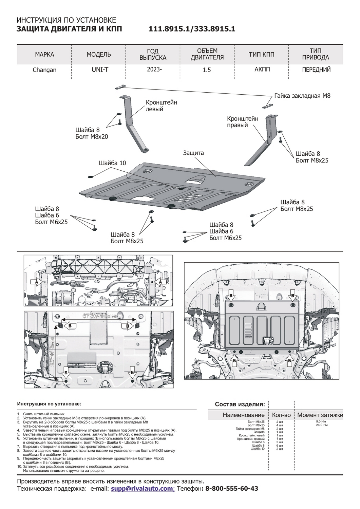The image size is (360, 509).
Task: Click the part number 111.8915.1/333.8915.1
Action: coord(192,29)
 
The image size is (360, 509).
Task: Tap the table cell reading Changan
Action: coord(44,70)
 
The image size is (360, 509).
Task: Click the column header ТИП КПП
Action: coord(261,54)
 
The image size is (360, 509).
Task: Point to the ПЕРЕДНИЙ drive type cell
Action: coord(316,70)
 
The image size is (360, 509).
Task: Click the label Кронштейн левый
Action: coord(161,106)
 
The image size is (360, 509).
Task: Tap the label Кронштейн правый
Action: coord(242,122)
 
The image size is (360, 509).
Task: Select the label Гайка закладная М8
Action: coord(302,96)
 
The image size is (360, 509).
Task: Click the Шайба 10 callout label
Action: coord(112,163)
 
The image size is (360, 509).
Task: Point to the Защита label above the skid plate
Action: coord(193,153)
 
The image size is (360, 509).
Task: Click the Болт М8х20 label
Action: coord(92,136)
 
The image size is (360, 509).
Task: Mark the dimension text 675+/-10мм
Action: coord(99,316)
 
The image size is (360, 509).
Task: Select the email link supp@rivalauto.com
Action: coord(142,489)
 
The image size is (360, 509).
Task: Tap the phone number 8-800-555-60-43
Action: coord(232,489)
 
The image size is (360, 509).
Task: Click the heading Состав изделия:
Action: coord(240,404)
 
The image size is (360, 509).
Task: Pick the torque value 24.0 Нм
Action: coord(321,425)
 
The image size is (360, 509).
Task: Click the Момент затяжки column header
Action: coord(320,415)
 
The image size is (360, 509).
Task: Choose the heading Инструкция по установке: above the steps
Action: coord(49,404)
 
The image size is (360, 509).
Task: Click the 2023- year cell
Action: coord(154,70)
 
